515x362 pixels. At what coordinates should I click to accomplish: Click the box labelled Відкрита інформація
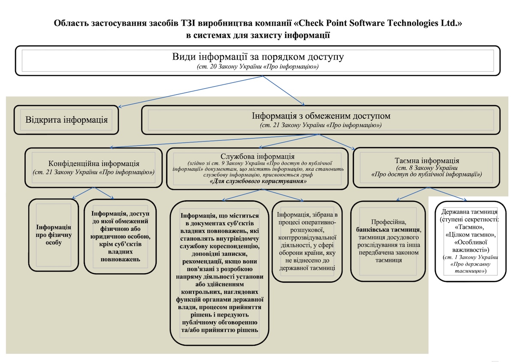coord(67,119)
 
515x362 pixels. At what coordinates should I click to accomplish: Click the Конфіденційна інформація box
coord(94,168)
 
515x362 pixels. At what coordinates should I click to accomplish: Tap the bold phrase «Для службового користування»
coord(257,181)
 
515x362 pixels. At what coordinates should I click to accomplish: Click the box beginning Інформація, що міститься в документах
coord(219,272)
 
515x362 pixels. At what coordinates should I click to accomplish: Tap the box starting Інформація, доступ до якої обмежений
coord(119,236)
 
